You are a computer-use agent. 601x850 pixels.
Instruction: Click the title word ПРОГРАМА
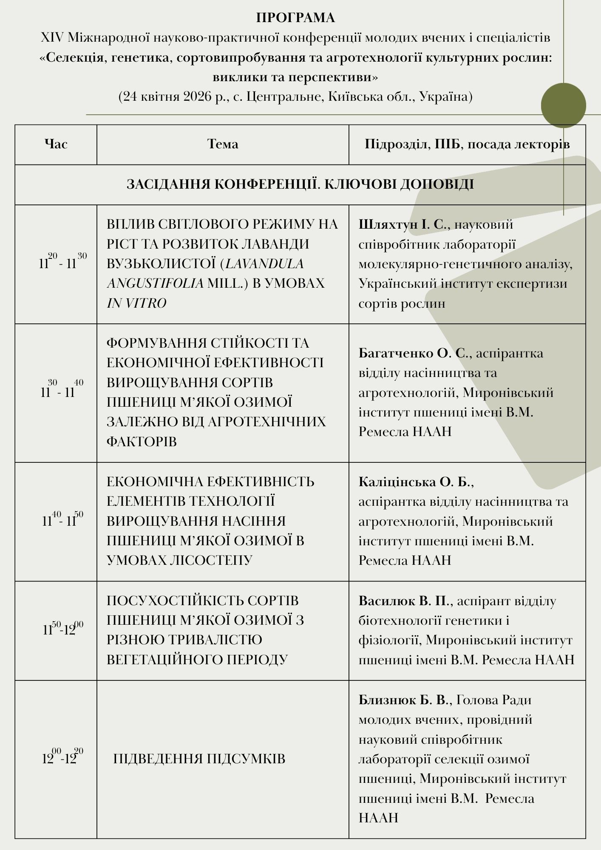pos(295,18)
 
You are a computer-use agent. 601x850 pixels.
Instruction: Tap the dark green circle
pos(563,105)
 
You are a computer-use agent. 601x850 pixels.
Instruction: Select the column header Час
pos(56,144)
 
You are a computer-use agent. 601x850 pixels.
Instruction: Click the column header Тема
pos(223,144)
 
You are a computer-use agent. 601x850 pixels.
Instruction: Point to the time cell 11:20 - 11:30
pos(62,262)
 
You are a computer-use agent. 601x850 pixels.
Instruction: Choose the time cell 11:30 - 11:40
pos(62,391)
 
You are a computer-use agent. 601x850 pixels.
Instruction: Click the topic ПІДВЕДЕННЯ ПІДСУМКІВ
pos(199,759)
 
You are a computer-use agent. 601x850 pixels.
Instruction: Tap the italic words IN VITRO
pos(136,303)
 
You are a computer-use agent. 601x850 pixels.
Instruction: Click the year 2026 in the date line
pos(198,96)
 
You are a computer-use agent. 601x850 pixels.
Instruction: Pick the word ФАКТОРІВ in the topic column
pos(142,441)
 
